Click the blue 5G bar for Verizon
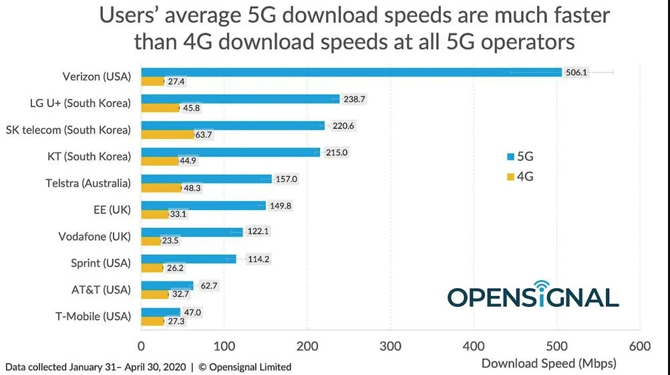(x=351, y=72)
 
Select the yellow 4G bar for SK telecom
(x=167, y=134)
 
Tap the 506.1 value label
(x=576, y=72)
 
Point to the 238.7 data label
(x=354, y=99)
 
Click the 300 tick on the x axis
(x=390, y=346)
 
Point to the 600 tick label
(x=640, y=346)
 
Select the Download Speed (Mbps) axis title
(x=548, y=364)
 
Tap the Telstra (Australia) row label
(x=88, y=183)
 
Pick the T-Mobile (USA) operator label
(x=93, y=316)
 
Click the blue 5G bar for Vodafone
(x=192, y=232)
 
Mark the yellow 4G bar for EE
(x=154, y=215)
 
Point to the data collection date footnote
(x=148, y=366)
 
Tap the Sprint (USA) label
(x=101, y=263)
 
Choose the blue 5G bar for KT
(x=230, y=152)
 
